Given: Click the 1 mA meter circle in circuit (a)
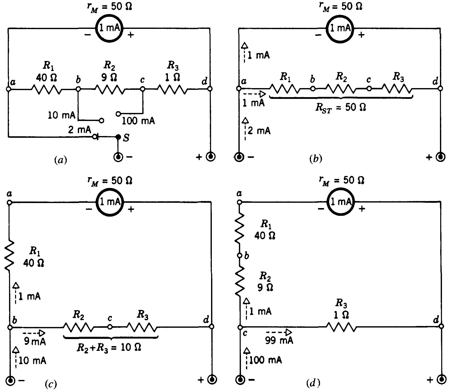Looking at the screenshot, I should tap(109, 28).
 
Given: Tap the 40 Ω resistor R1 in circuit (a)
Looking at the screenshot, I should tap(46, 89).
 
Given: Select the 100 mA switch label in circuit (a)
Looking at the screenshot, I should tap(138, 121).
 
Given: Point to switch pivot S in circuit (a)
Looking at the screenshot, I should tap(118, 137).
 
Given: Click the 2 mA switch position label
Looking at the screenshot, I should tap(79, 130).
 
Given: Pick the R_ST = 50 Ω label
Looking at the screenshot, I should tap(340, 107).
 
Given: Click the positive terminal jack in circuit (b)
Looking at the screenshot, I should tap(441, 157).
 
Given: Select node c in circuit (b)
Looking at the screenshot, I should tap(369, 89).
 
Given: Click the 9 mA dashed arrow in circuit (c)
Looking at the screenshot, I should tap(34, 333).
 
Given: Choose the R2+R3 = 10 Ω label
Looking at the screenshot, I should tap(108, 347).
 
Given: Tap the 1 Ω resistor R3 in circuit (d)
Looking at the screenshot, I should tap(341, 327).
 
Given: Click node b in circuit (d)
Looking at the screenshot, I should tap(240, 256).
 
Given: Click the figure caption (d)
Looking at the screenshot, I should tap(313, 383).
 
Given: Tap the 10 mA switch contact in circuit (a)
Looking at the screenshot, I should tap(101, 120).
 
